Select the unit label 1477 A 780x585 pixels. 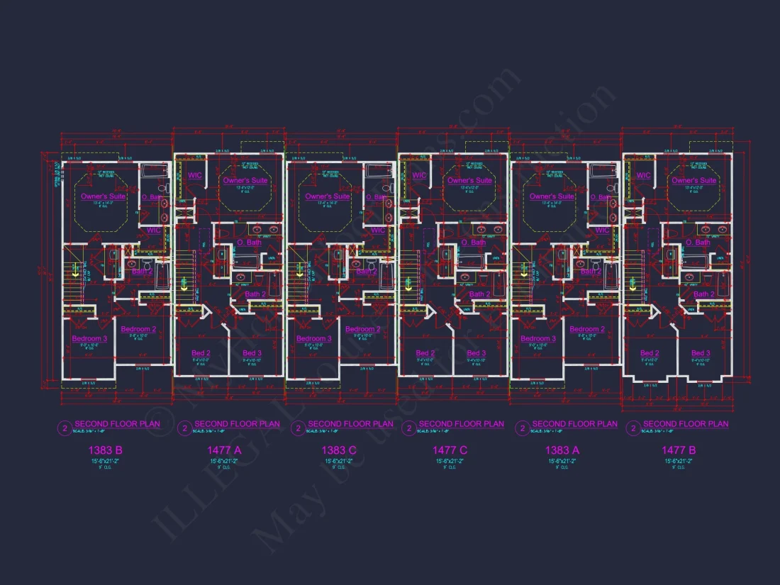coord(224,450)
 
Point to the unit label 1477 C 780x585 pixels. coord(450,450)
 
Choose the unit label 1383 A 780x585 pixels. coord(562,450)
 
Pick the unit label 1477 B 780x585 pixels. coord(679,450)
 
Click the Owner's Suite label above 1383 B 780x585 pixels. coord(103,196)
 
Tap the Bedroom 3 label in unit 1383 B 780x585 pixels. coord(89,338)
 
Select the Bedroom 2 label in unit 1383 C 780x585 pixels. coord(362,329)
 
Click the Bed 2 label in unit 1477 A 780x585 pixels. coord(201,353)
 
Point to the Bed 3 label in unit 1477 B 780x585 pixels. coord(701,353)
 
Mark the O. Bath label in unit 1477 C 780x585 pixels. coord(474,243)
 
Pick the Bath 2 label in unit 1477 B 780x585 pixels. coord(703,294)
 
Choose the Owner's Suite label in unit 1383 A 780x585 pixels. coord(552,196)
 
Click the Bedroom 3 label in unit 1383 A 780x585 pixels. coord(538,338)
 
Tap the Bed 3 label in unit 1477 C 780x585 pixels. coord(477,353)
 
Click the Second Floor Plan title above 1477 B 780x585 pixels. coord(685,424)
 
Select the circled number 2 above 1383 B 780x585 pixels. coord(65,428)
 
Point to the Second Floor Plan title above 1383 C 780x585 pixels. coord(350,424)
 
